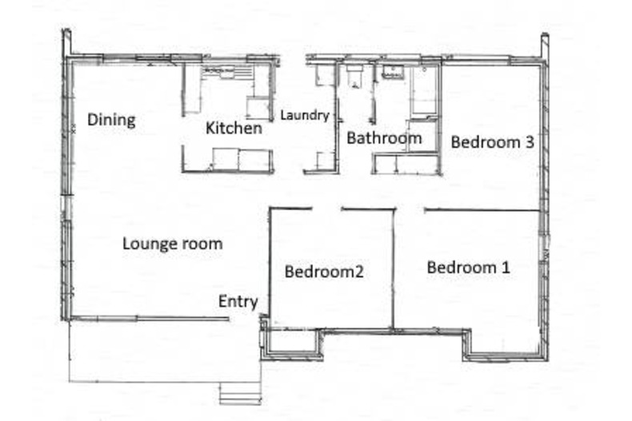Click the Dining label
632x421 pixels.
[111, 121]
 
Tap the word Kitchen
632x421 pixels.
[234, 128]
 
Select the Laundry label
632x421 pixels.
[304, 116]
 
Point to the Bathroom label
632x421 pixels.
[383, 138]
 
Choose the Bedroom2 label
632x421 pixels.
[324, 272]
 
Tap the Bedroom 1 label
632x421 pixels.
[468, 268]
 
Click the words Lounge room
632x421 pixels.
[172, 244]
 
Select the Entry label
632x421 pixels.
[238, 301]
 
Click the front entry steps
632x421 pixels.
[241, 392]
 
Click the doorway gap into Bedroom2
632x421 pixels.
[326, 209]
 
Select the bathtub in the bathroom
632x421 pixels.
[424, 92]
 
